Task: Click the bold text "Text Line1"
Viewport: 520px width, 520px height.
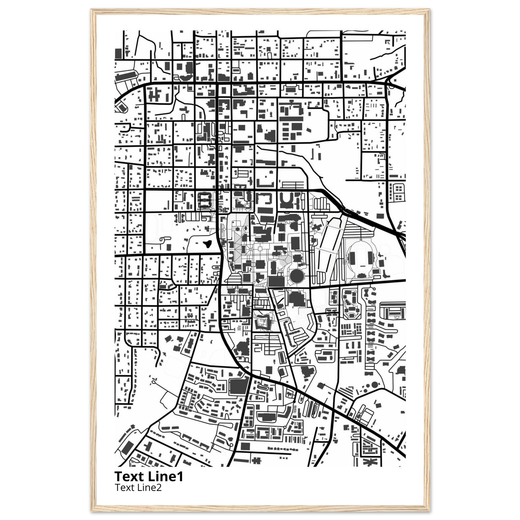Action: point(149,476)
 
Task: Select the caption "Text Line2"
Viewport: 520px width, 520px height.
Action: point(138,487)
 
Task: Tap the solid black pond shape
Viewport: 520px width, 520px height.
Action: point(207,245)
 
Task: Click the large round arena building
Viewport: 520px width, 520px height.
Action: point(297,275)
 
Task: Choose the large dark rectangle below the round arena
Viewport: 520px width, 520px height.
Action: point(276,282)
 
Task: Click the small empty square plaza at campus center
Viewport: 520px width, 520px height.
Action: point(260,249)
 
